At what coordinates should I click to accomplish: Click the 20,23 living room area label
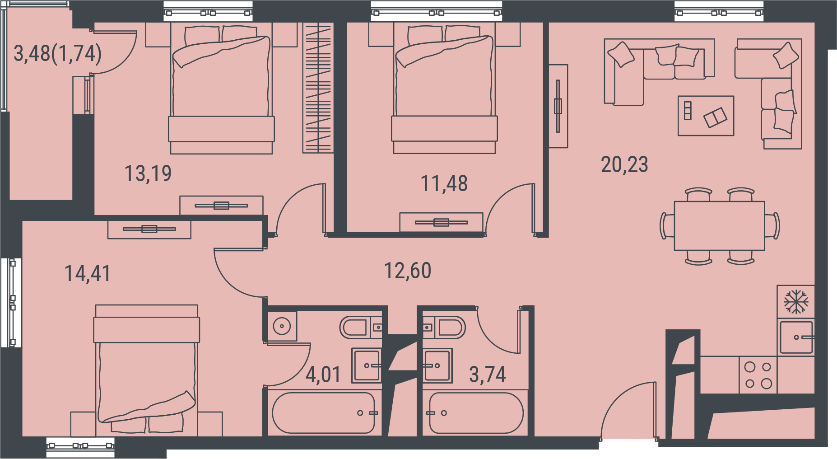point(624,164)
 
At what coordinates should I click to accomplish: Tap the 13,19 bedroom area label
point(148,173)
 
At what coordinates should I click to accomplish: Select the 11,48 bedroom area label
point(444,183)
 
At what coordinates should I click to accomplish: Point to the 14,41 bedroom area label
point(88,273)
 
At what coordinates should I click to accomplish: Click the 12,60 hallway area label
point(408,271)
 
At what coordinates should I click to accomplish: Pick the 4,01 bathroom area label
point(323,375)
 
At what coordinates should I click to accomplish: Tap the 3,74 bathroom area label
point(488,375)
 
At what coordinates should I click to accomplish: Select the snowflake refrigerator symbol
point(796,302)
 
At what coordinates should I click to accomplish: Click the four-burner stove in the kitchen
point(758,375)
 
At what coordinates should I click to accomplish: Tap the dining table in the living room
point(719,226)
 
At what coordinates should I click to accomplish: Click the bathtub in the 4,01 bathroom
point(323,413)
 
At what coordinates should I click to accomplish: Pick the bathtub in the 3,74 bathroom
point(476,413)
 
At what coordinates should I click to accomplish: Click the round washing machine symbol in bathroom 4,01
point(282,326)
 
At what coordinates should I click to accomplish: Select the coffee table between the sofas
point(706,116)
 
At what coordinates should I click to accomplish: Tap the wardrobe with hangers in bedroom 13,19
point(318,88)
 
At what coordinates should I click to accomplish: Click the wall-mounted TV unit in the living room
point(558,106)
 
